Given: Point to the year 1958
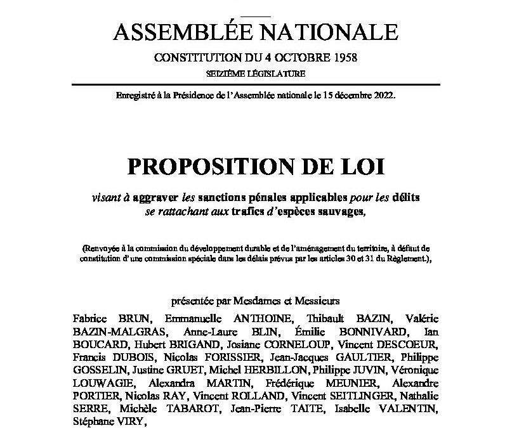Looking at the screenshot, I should (343, 58).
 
